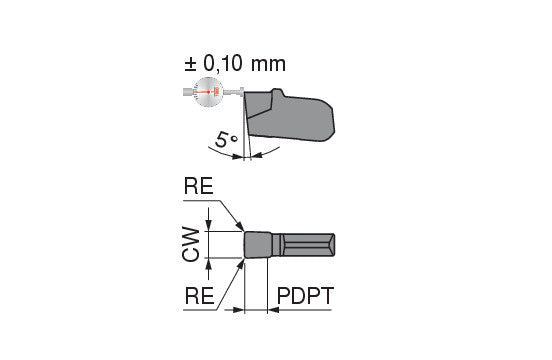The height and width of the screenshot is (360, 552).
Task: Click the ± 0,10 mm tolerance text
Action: pos(235,64)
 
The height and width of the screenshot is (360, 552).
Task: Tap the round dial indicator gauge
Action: pos(208,92)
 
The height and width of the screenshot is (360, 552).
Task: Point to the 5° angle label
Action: pos(226,140)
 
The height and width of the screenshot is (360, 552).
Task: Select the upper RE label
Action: pos(199,186)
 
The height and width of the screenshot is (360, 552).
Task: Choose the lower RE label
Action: pos(200,296)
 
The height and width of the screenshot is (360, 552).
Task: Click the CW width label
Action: pos(191,244)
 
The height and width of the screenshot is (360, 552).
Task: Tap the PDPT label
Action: pos(305,296)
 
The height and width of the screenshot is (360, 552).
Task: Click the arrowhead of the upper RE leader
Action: pos(240,226)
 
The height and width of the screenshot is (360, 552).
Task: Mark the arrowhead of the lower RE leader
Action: pos(240,264)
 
